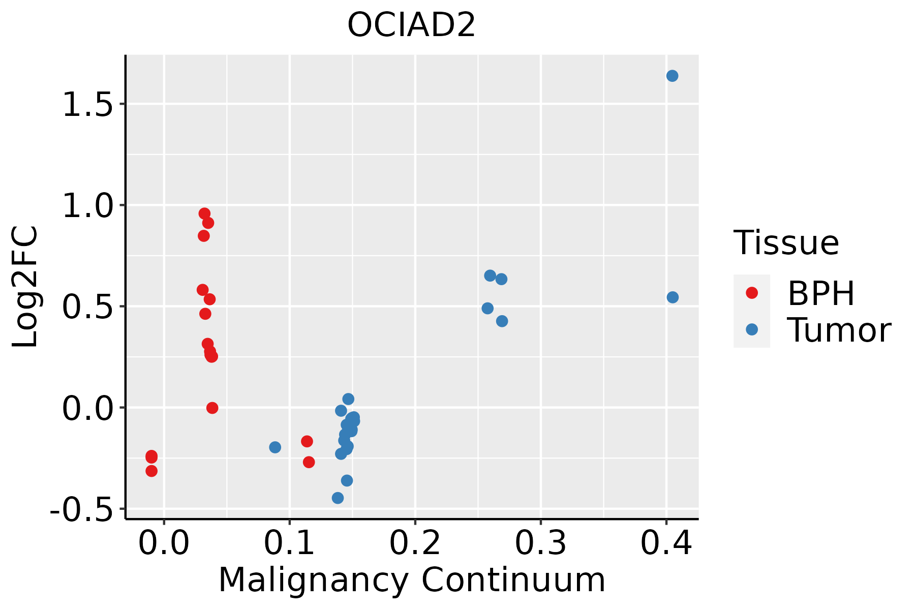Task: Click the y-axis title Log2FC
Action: pyautogui.click(x=25, y=287)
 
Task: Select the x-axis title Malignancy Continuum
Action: pyautogui.click(x=412, y=580)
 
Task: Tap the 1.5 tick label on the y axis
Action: pyautogui.click(x=86, y=105)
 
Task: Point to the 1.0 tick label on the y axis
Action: pyautogui.click(x=86, y=206)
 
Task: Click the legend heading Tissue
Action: pyautogui.click(x=786, y=243)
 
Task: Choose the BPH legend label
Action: pyautogui.click(x=821, y=293)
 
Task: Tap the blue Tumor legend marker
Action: pyautogui.click(x=751, y=329)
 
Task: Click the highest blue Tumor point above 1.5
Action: pyautogui.click(x=672, y=76)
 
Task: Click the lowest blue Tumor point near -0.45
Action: pyautogui.click(x=338, y=498)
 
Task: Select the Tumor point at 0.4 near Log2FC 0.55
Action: pyautogui.click(x=673, y=297)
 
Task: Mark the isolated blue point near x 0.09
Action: pyautogui.click(x=275, y=447)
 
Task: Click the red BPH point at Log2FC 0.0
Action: pyautogui.click(x=212, y=408)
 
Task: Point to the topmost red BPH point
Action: pyautogui.click(x=204, y=213)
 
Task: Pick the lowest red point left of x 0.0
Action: pyautogui.click(x=151, y=471)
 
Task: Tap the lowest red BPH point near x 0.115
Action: pyautogui.click(x=309, y=462)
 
